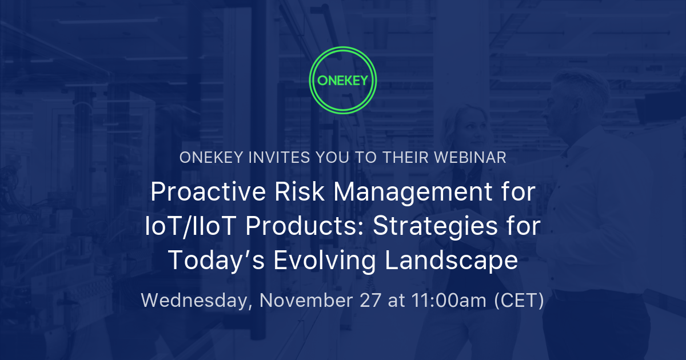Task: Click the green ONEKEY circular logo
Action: click(x=342, y=81)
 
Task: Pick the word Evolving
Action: click(x=325, y=261)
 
